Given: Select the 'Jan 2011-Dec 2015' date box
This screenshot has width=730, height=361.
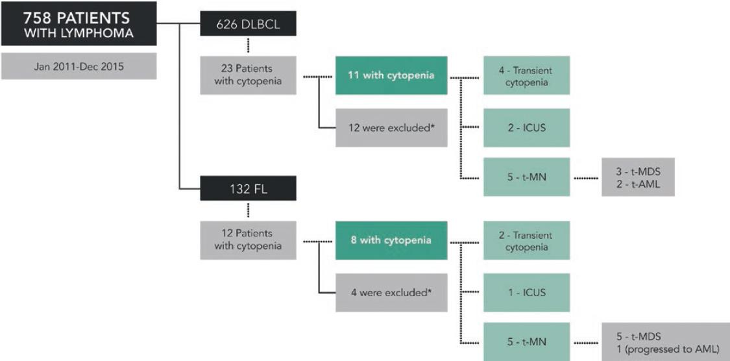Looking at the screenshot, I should (x=78, y=66).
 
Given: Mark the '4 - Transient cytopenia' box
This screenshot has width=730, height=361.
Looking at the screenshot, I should (x=526, y=75).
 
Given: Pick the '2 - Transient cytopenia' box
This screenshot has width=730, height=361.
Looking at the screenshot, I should (x=526, y=240).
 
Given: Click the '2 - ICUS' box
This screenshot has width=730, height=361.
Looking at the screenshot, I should (x=526, y=127).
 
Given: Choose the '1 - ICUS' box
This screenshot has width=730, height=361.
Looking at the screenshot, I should (x=526, y=292).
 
